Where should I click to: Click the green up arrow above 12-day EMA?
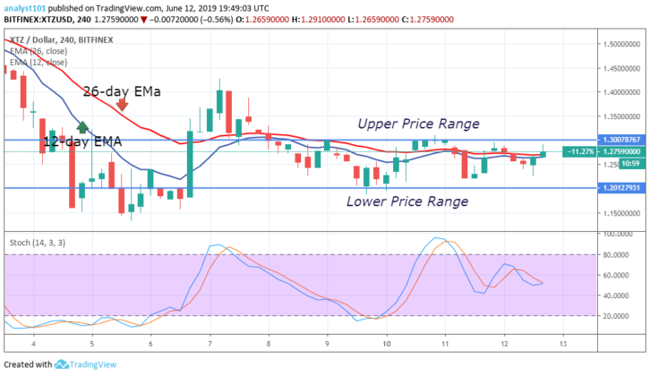[x=83, y=127]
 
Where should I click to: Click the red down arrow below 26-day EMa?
[x=122, y=106]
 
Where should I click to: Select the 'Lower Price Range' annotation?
[x=407, y=201]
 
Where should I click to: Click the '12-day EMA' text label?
[x=83, y=141]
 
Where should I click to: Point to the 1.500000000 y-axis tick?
[x=620, y=43]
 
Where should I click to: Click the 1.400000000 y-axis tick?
[x=620, y=91]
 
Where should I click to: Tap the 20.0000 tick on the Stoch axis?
[x=617, y=316]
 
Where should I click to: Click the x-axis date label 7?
[x=210, y=344]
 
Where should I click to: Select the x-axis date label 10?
[x=386, y=344]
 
